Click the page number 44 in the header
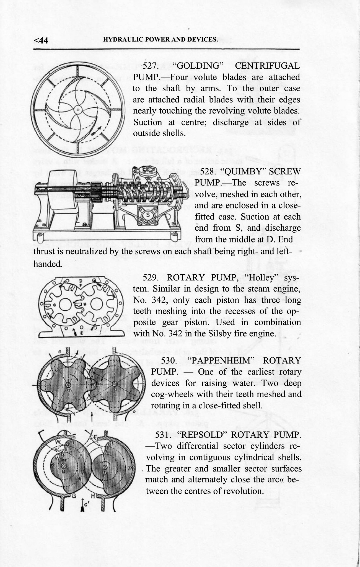44,41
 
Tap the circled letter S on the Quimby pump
148,215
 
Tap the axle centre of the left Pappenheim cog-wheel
68,385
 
